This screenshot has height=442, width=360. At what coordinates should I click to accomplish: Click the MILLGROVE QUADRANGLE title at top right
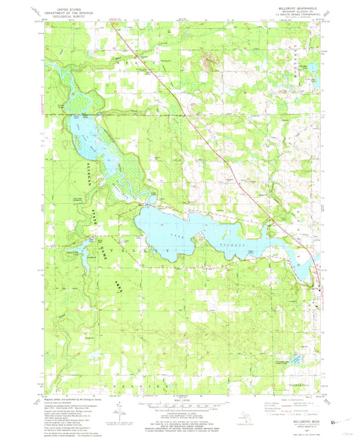[x=290, y=9]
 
